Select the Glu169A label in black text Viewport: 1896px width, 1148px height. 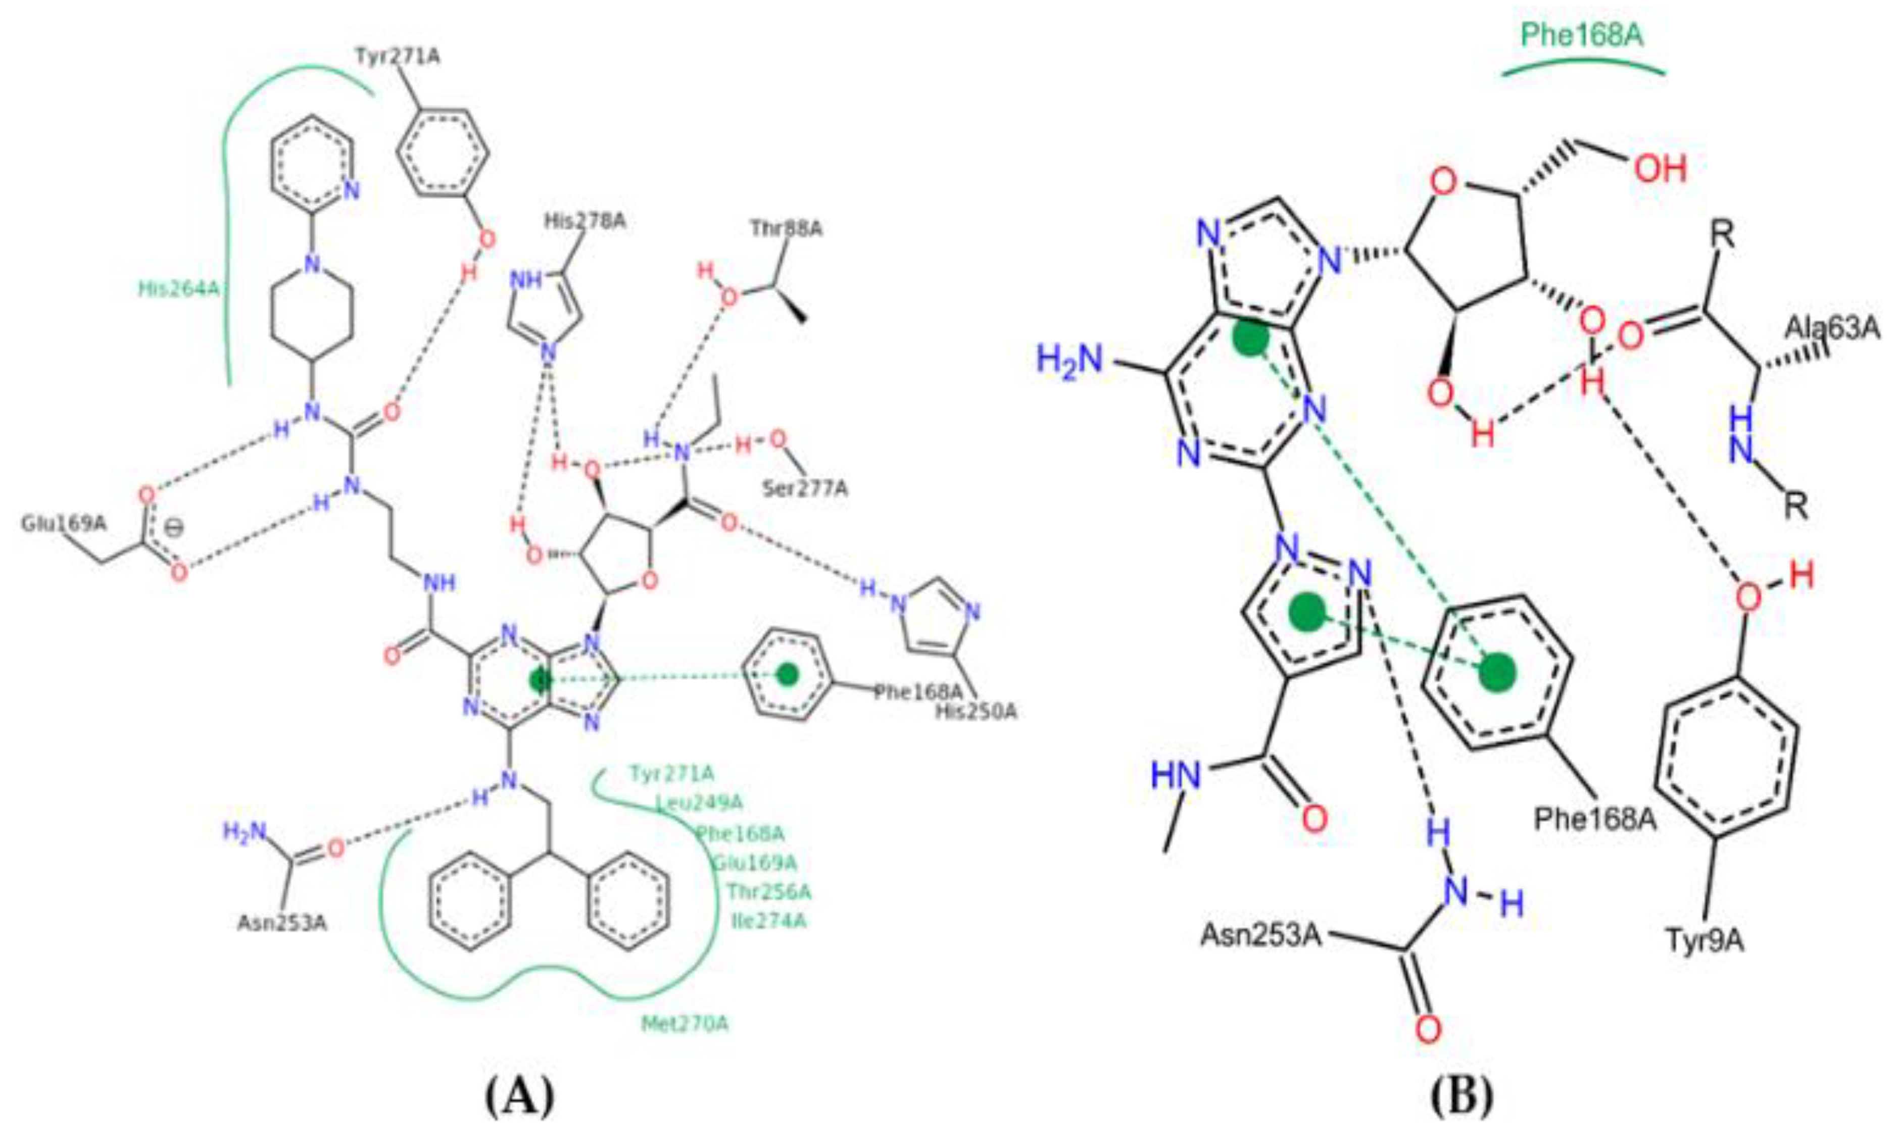point(63,524)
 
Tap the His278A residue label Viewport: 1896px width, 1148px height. point(585,222)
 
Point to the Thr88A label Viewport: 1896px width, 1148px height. point(787,228)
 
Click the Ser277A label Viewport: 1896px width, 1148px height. point(805,488)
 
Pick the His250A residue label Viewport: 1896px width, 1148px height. point(976,711)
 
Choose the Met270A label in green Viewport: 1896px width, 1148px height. point(685,1024)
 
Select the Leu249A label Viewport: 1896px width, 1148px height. point(700,803)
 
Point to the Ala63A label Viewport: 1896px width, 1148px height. point(1831,329)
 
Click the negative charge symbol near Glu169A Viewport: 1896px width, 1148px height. point(175,529)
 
